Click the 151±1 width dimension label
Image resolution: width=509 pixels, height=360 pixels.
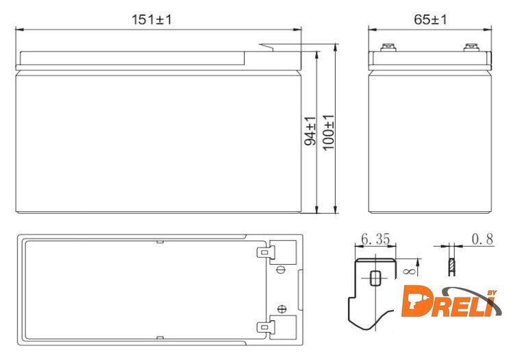click(151, 20)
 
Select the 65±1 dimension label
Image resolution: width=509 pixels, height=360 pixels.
click(430, 20)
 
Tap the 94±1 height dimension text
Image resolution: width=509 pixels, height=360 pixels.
click(310, 130)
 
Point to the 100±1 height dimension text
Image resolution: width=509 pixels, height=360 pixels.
click(329, 132)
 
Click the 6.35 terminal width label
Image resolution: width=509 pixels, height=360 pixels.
click(375, 239)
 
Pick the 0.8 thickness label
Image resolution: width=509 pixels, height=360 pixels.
click(482, 239)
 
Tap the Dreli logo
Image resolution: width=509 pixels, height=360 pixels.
click(451, 302)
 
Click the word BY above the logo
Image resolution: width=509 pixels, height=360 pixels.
click(492, 293)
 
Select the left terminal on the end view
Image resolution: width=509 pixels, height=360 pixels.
click(388, 47)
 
